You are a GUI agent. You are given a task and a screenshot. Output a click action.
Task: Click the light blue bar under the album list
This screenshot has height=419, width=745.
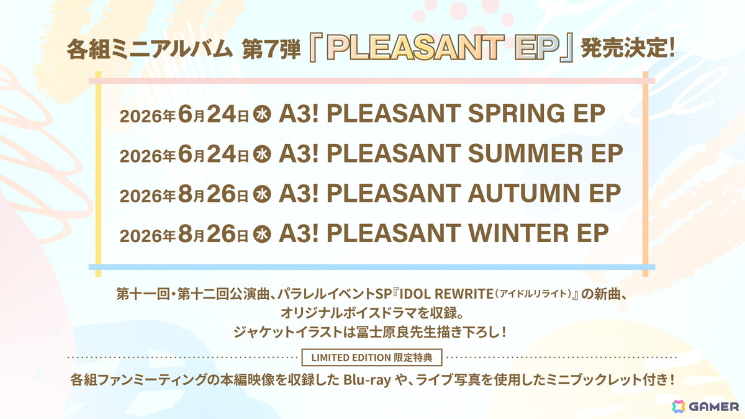pos(372,267)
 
